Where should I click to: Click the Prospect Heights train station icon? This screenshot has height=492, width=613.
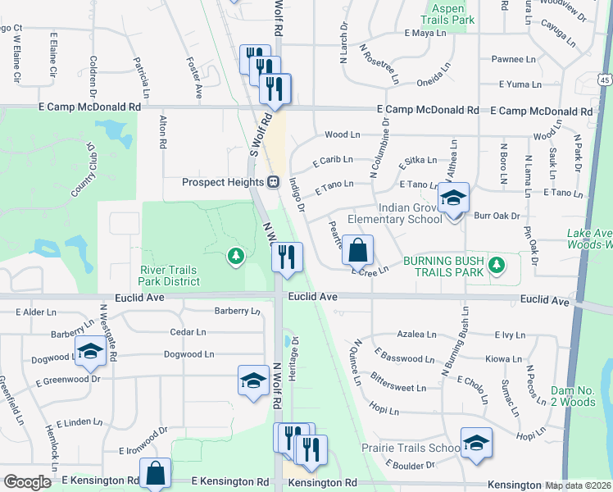pyautogui.click(x=274, y=181)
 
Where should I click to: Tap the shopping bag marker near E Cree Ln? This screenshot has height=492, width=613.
pyautogui.click(x=358, y=249)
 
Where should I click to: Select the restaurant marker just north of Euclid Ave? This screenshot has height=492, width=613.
pyautogui.click(x=288, y=257)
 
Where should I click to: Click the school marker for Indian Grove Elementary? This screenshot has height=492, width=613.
pyautogui.click(x=452, y=197)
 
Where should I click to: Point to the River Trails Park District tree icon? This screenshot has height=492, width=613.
pyautogui.click(x=236, y=257)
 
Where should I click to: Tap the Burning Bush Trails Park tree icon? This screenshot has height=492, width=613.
pyautogui.click(x=496, y=265)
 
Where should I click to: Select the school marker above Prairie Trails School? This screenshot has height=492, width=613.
pyautogui.click(x=476, y=442)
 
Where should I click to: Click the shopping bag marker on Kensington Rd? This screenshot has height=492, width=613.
pyautogui.click(x=155, y=472)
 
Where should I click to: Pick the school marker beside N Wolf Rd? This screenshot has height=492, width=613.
pyautogui.click(x=254, y=379)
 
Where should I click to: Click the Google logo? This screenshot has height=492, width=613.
pyautogui.click(x=27, y=482)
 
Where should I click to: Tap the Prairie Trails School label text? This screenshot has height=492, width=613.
pyautogui.click(x=411, y=449)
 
